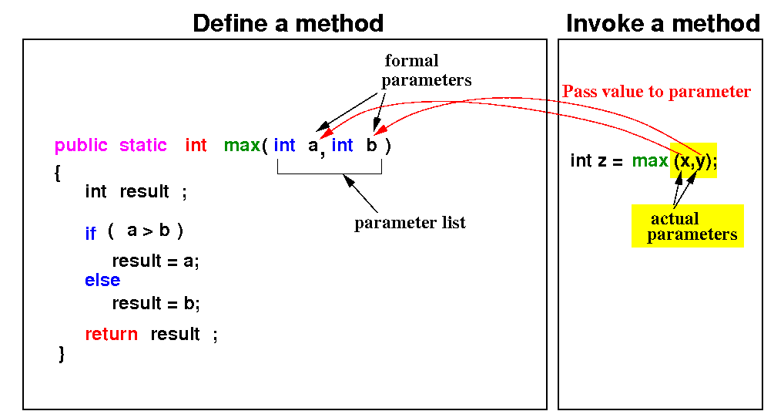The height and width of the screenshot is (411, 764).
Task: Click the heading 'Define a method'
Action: [288, 23]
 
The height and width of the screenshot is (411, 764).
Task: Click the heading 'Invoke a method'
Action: [662, 23]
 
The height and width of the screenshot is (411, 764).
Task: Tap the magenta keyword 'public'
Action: [81, 145]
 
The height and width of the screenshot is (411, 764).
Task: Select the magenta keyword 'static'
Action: [143, 145]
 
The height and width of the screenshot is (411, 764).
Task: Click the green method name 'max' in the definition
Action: [242, 145]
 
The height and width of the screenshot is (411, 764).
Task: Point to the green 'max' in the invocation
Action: [650, 160]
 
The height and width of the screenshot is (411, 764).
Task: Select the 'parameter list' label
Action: [410, 224]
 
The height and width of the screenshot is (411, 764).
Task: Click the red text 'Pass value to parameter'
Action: [656, 92]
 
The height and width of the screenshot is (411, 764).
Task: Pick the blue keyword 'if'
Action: [91, 234]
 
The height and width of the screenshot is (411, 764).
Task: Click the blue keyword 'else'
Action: [102, 281]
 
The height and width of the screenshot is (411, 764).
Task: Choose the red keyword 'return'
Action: [112, 334]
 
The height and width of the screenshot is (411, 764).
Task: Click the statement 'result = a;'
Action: [156, 261]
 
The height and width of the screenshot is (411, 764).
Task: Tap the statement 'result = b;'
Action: [156, 303]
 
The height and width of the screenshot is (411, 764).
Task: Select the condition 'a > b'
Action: [148, 231]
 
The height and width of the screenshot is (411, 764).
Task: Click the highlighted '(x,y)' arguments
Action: [693, 160]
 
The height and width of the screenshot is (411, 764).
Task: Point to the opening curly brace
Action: [58, 173]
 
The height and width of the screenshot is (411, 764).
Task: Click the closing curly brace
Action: [62, 355]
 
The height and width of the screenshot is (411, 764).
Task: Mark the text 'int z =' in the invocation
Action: [596, 160]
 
